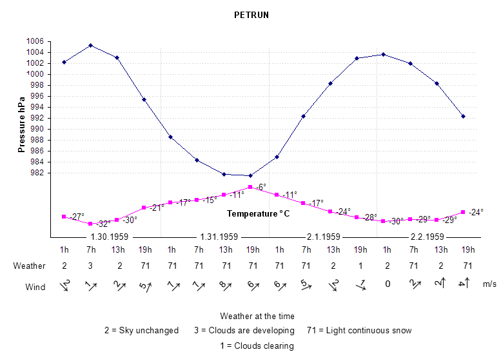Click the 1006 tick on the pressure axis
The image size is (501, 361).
click(53, 41)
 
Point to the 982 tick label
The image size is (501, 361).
click(53, 173)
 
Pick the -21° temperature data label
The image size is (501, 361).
click(157, 208)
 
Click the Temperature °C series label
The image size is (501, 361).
click(258, 213)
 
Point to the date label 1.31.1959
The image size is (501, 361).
click(220, 237)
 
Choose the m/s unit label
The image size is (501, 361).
click(489, 284)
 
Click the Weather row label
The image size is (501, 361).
click(30, 266)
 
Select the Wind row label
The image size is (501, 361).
click(35, 287)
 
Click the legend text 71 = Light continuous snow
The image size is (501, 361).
click(359, 330)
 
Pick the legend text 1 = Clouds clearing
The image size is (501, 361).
click(257, 346)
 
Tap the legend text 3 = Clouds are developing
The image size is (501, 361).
click(244, 330)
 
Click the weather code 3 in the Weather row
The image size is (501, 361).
click(91, 266)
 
